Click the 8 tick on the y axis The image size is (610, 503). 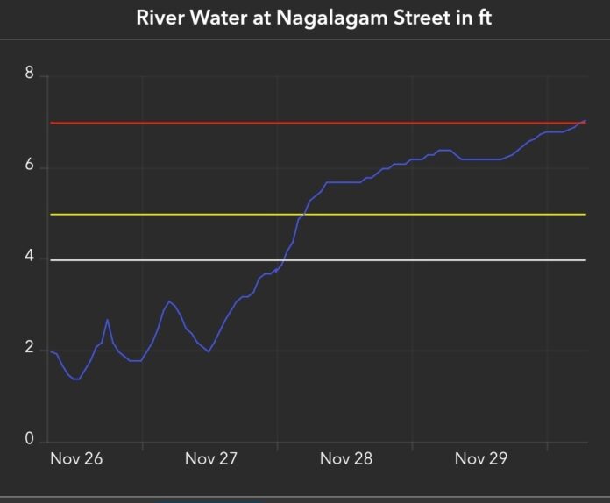(x=30, y=74)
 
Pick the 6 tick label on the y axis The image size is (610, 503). (x=30, y=167)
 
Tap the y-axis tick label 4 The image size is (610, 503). (x=30, y=258)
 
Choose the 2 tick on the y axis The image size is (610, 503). (x=30, y=349)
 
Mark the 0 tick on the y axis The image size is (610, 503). (x=30, y=441)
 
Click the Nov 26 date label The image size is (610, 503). (x=75, y=459)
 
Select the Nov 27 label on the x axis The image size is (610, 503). (x=211, y=459)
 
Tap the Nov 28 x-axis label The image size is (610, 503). (x=346, y=459)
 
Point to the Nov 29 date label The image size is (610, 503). (x=481, y=459)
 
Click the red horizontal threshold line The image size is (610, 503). (x=263, y=123)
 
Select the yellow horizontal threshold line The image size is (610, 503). (x=175, y=215)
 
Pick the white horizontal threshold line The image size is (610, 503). (x=438, y=260)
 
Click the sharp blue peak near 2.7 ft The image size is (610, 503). (x=107, y=320)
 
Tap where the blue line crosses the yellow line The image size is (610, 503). (x=304, y=214)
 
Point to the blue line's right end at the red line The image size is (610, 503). (x=585, y=121)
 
